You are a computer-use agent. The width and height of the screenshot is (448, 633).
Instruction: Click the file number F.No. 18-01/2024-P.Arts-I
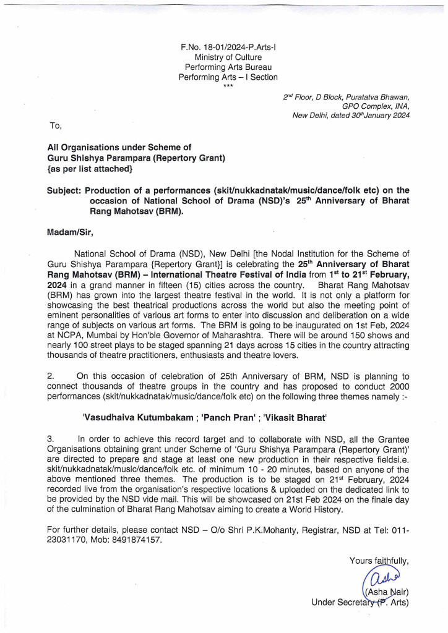click(228, 46)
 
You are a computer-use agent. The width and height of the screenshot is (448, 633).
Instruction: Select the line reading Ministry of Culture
click(228, 57)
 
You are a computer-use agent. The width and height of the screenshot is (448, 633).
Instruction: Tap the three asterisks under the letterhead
click(228, 86)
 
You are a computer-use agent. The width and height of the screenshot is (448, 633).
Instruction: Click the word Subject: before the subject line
click(64, 190)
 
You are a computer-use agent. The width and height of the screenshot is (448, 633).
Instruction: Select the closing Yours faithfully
click(379, 561)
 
